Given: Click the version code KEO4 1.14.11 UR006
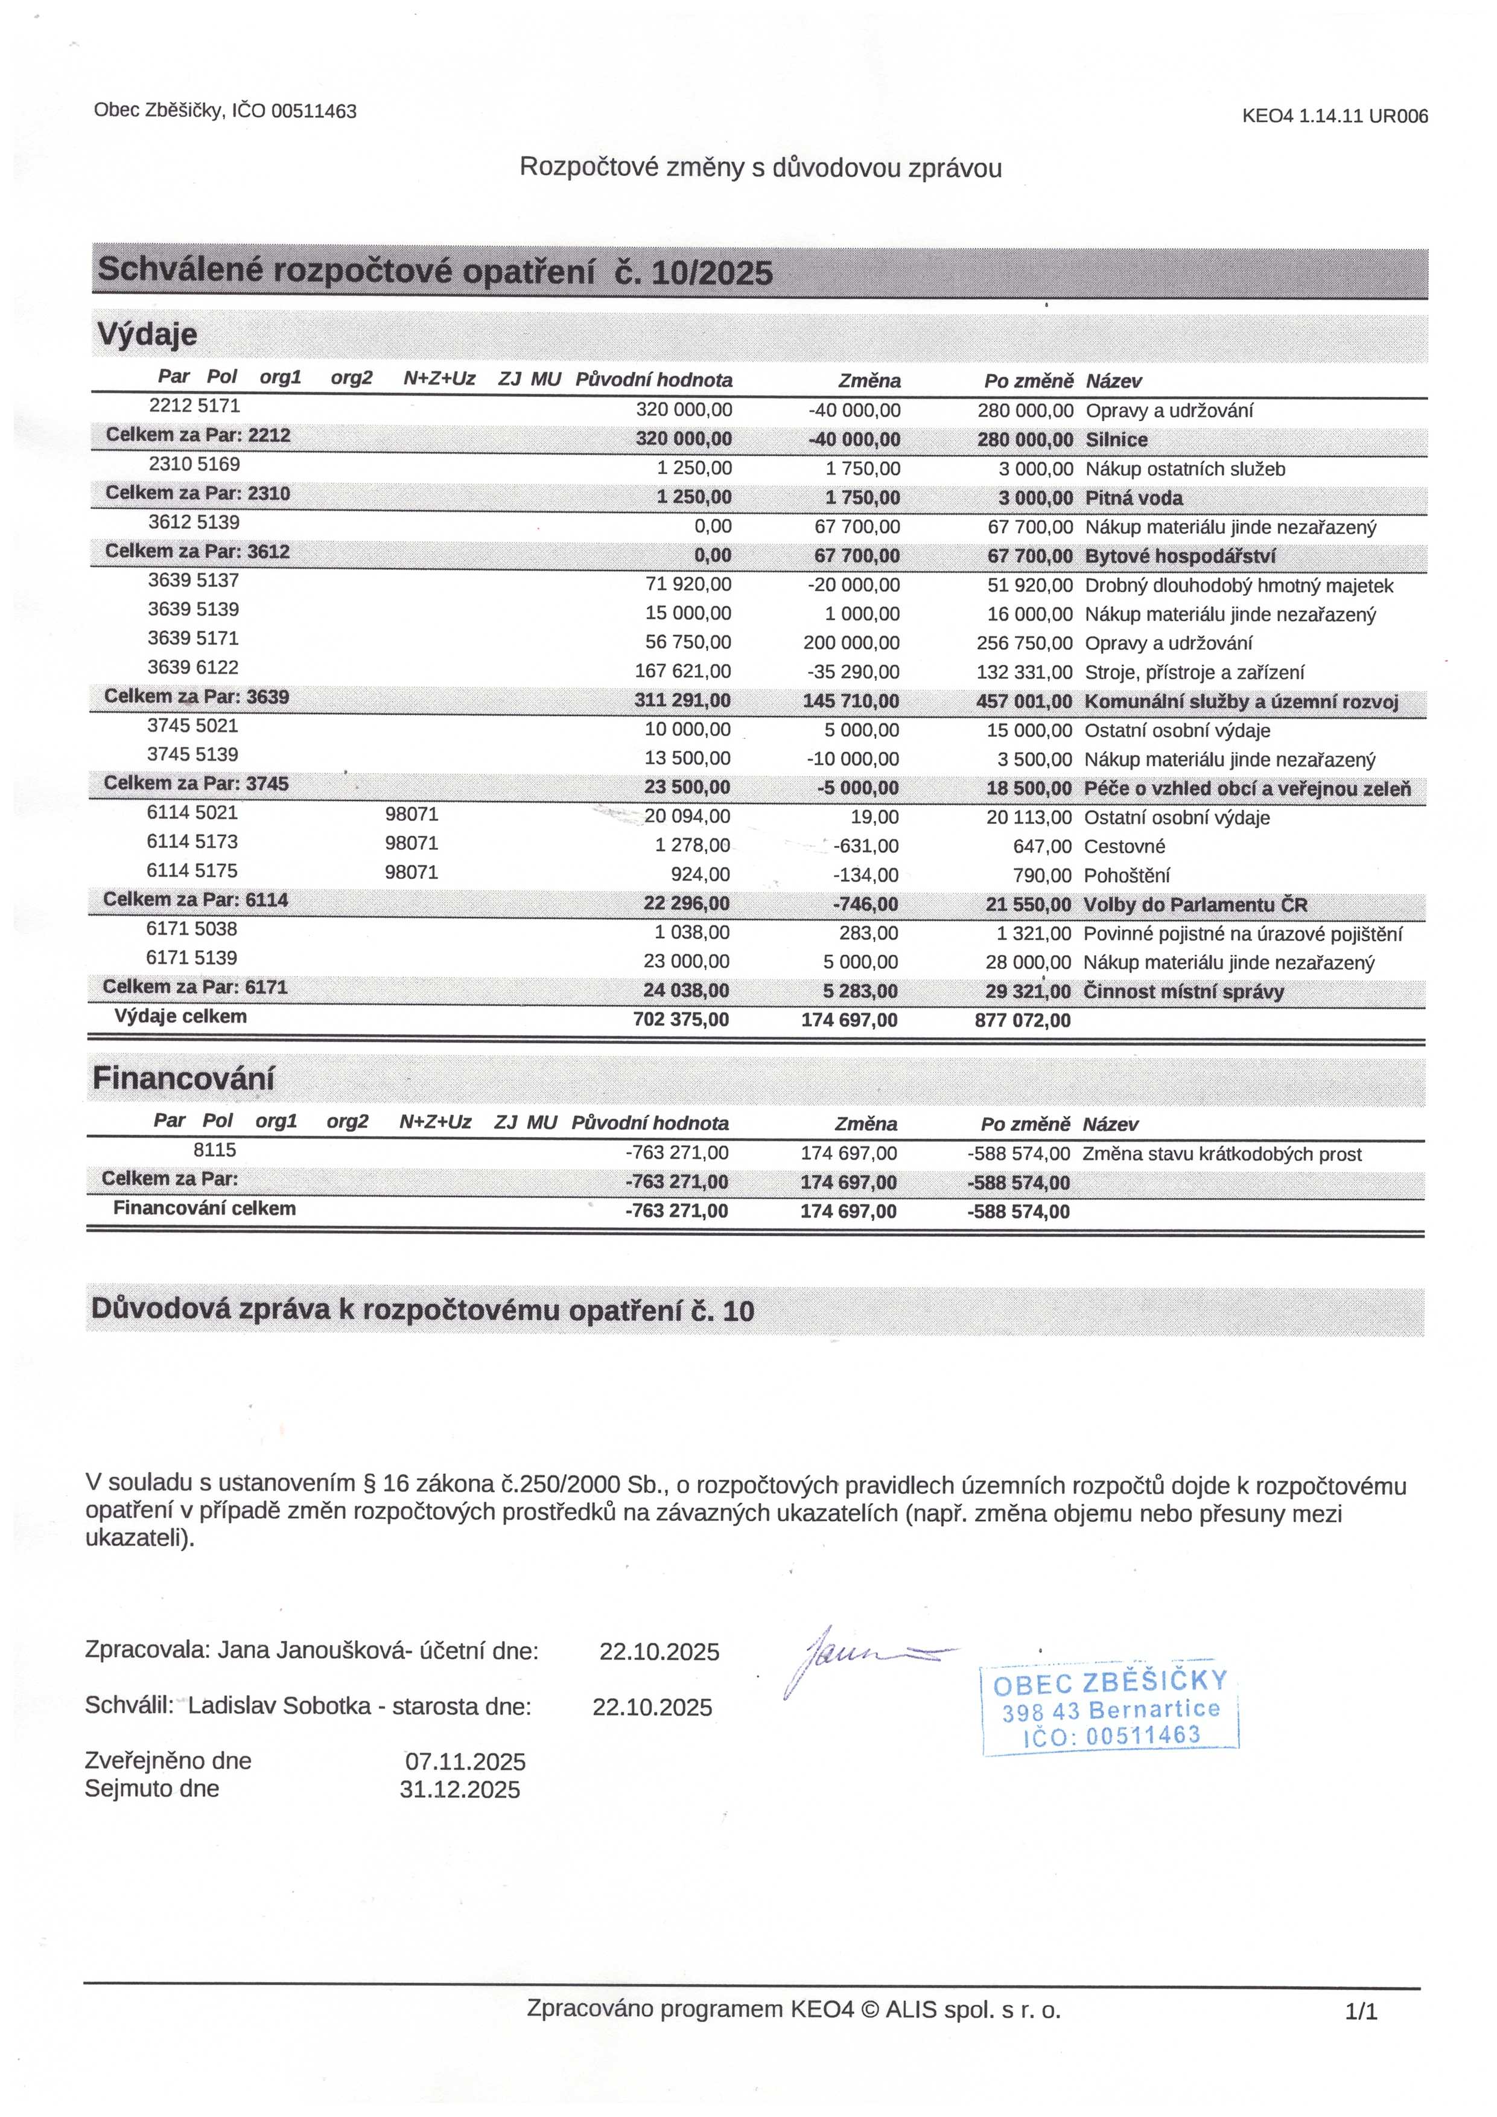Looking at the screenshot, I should (x=1334, y=116).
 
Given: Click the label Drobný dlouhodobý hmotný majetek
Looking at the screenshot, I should (x=1239, y=586).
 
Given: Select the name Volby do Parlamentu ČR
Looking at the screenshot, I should (x=1195, y=904).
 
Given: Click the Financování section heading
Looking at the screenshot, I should (x=183, y=1079).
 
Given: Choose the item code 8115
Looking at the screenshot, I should (x=215, y=1150).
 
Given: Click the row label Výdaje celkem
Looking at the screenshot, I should (x=180, y=1017).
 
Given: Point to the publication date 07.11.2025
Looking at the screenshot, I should (x=465, y=1762).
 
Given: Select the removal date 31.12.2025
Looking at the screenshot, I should (x=460, y=1790).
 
